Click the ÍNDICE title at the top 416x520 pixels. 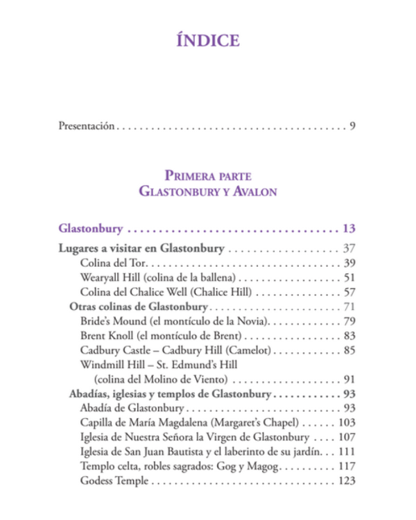tap(208, 40)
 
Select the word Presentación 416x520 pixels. tap(86, 126)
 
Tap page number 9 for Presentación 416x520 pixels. tap(352, 126)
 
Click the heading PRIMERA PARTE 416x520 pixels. tap(208, 175)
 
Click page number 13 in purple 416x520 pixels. tap(348, 227)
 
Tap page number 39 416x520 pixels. tap(348, 263)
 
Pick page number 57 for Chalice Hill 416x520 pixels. tap(348, 292)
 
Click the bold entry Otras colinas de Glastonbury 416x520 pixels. tap(139, 306)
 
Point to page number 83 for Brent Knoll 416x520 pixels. tap(348, 336)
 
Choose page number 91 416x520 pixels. tap(348, 379)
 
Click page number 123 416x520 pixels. tap(345, 481)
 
